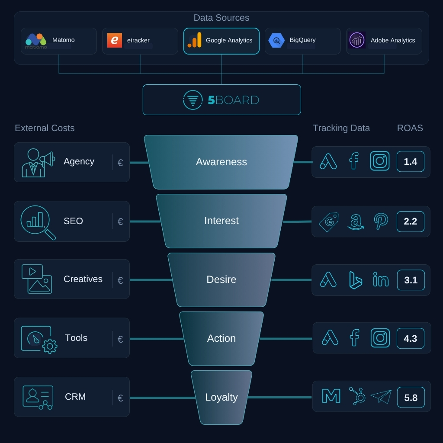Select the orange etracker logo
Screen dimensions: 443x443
click(x=114, y=40)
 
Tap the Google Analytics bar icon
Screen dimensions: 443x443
click(x=195, y=40)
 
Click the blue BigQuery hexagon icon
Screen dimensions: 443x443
click(x=276, y=40)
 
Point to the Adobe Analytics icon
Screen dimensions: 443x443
click(x=357, y=40)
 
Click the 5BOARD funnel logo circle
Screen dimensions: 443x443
click(x=193, y=100)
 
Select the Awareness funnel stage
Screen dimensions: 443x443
click(x=221, y=162)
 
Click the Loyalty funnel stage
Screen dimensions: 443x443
click(x=221, y=397)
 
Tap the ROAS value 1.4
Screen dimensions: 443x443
click(x=411, y=162)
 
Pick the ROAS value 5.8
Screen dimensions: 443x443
click(x=411, y=398)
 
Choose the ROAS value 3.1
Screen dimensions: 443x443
click(x=411, y=280)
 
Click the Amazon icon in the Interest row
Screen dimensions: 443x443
click(x=356, y=222)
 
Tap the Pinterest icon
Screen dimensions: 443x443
click(x=381, y=221)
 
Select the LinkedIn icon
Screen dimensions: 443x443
click(x=381, y=280)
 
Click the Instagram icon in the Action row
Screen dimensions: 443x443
click(x=380, y=338)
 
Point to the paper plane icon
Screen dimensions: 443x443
click(x=381, y=397)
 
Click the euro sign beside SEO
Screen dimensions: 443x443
click(x=120, y=221)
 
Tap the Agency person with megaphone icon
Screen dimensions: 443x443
click(x=38, y=163)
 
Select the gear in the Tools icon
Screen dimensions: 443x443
click(x=50, y=346)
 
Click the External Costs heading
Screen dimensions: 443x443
click(x=45, y=128)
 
